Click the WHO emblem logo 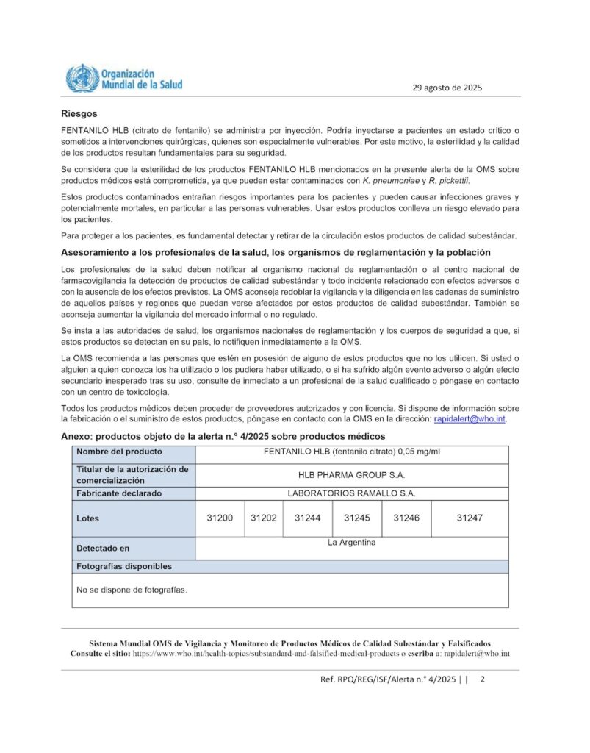tap(82, 78)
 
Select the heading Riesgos tap(79, 114)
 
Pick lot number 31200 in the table tap(220, 518)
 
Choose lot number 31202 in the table tap(264, 518)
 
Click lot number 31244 tap(308, 518)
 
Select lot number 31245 tap(357, 518)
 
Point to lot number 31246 tap(406, 518)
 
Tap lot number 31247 tap(470, 518)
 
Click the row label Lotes tap(88, 518)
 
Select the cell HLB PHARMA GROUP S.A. tap(351, 475)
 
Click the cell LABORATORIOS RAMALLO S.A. tap(351, 493)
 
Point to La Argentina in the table tap(351, 543)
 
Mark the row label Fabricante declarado tap(119, 493)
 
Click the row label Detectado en tap(103, 548)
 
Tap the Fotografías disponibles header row tap(124, 567)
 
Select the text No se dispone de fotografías tap(132, 590)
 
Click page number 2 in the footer tap(483, 679)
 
